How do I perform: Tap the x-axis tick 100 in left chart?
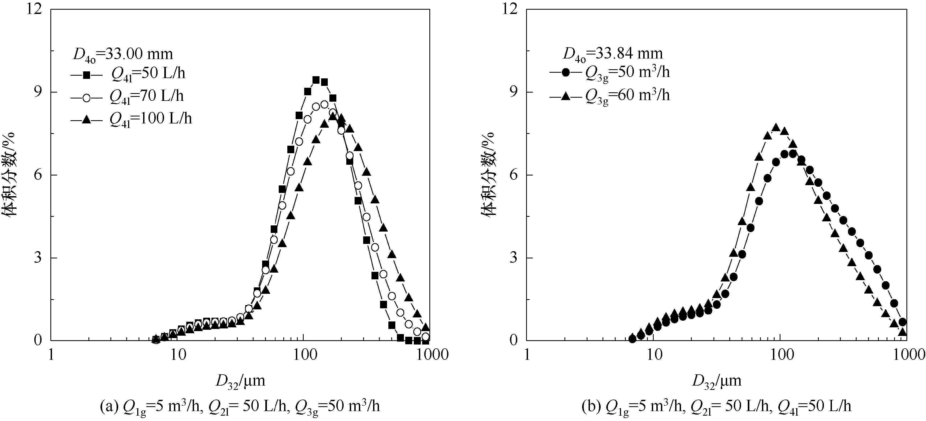(x=304, y=355)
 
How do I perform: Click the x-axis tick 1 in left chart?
(x=51, y=355)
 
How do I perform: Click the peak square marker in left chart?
(x=316, y=80)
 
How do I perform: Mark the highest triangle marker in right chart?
(x=776, y=128)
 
